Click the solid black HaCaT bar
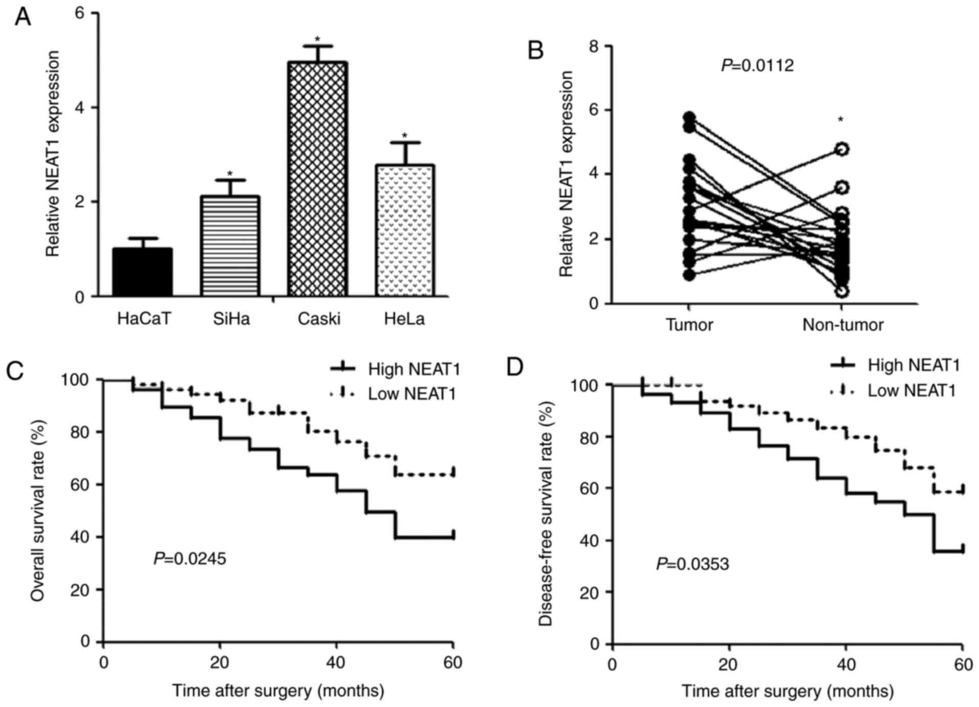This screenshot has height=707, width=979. tap(142, 272)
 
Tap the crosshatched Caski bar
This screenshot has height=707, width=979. tap(317, 179)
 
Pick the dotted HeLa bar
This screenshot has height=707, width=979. tap(405, 231)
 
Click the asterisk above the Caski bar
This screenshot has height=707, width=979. tap(317, 39)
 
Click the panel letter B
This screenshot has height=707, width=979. tap(535, 51)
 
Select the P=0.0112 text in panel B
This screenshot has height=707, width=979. tap(757, 65)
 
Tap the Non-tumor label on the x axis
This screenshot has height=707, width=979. tap(842, 325)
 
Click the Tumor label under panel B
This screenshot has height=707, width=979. tap(689, 325)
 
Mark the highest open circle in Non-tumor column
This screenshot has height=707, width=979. tap(842, 149)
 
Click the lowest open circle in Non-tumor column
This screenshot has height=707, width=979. tap(842, 292)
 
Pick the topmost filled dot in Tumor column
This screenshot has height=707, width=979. tap(689, 117)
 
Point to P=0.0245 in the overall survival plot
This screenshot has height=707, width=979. tap(190, 559)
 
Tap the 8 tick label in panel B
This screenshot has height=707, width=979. tap(594, 46)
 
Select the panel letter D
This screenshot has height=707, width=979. tap(515, 367)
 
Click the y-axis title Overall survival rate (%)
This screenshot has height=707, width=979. tap(38, 511)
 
